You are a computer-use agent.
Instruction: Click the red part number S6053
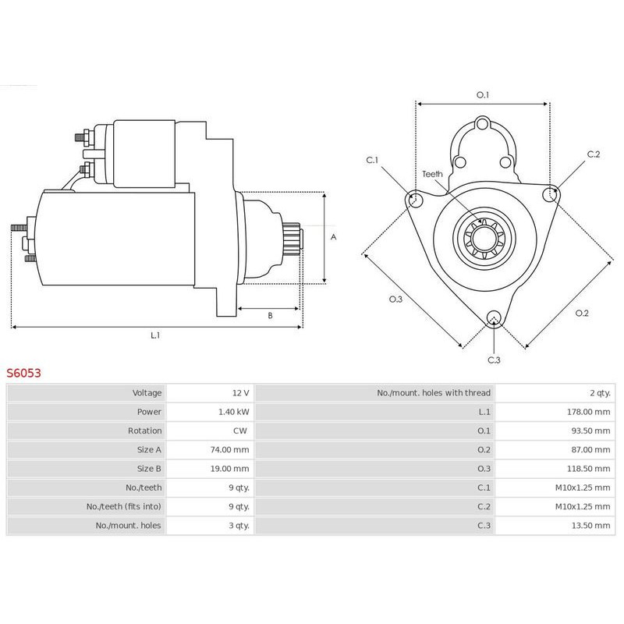pos(23,373)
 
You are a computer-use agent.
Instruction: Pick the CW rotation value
pos(242,431)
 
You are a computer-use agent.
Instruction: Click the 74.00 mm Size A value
pos(231,450)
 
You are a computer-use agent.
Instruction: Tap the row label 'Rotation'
pos(145,431)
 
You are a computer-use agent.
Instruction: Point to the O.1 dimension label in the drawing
pos(483,95)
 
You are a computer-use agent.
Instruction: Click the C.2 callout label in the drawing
pos(593,154)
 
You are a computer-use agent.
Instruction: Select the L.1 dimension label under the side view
pos(155,335)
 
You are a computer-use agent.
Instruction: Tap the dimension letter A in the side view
pos(333,236)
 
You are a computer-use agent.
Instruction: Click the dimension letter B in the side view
pos(270,316)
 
